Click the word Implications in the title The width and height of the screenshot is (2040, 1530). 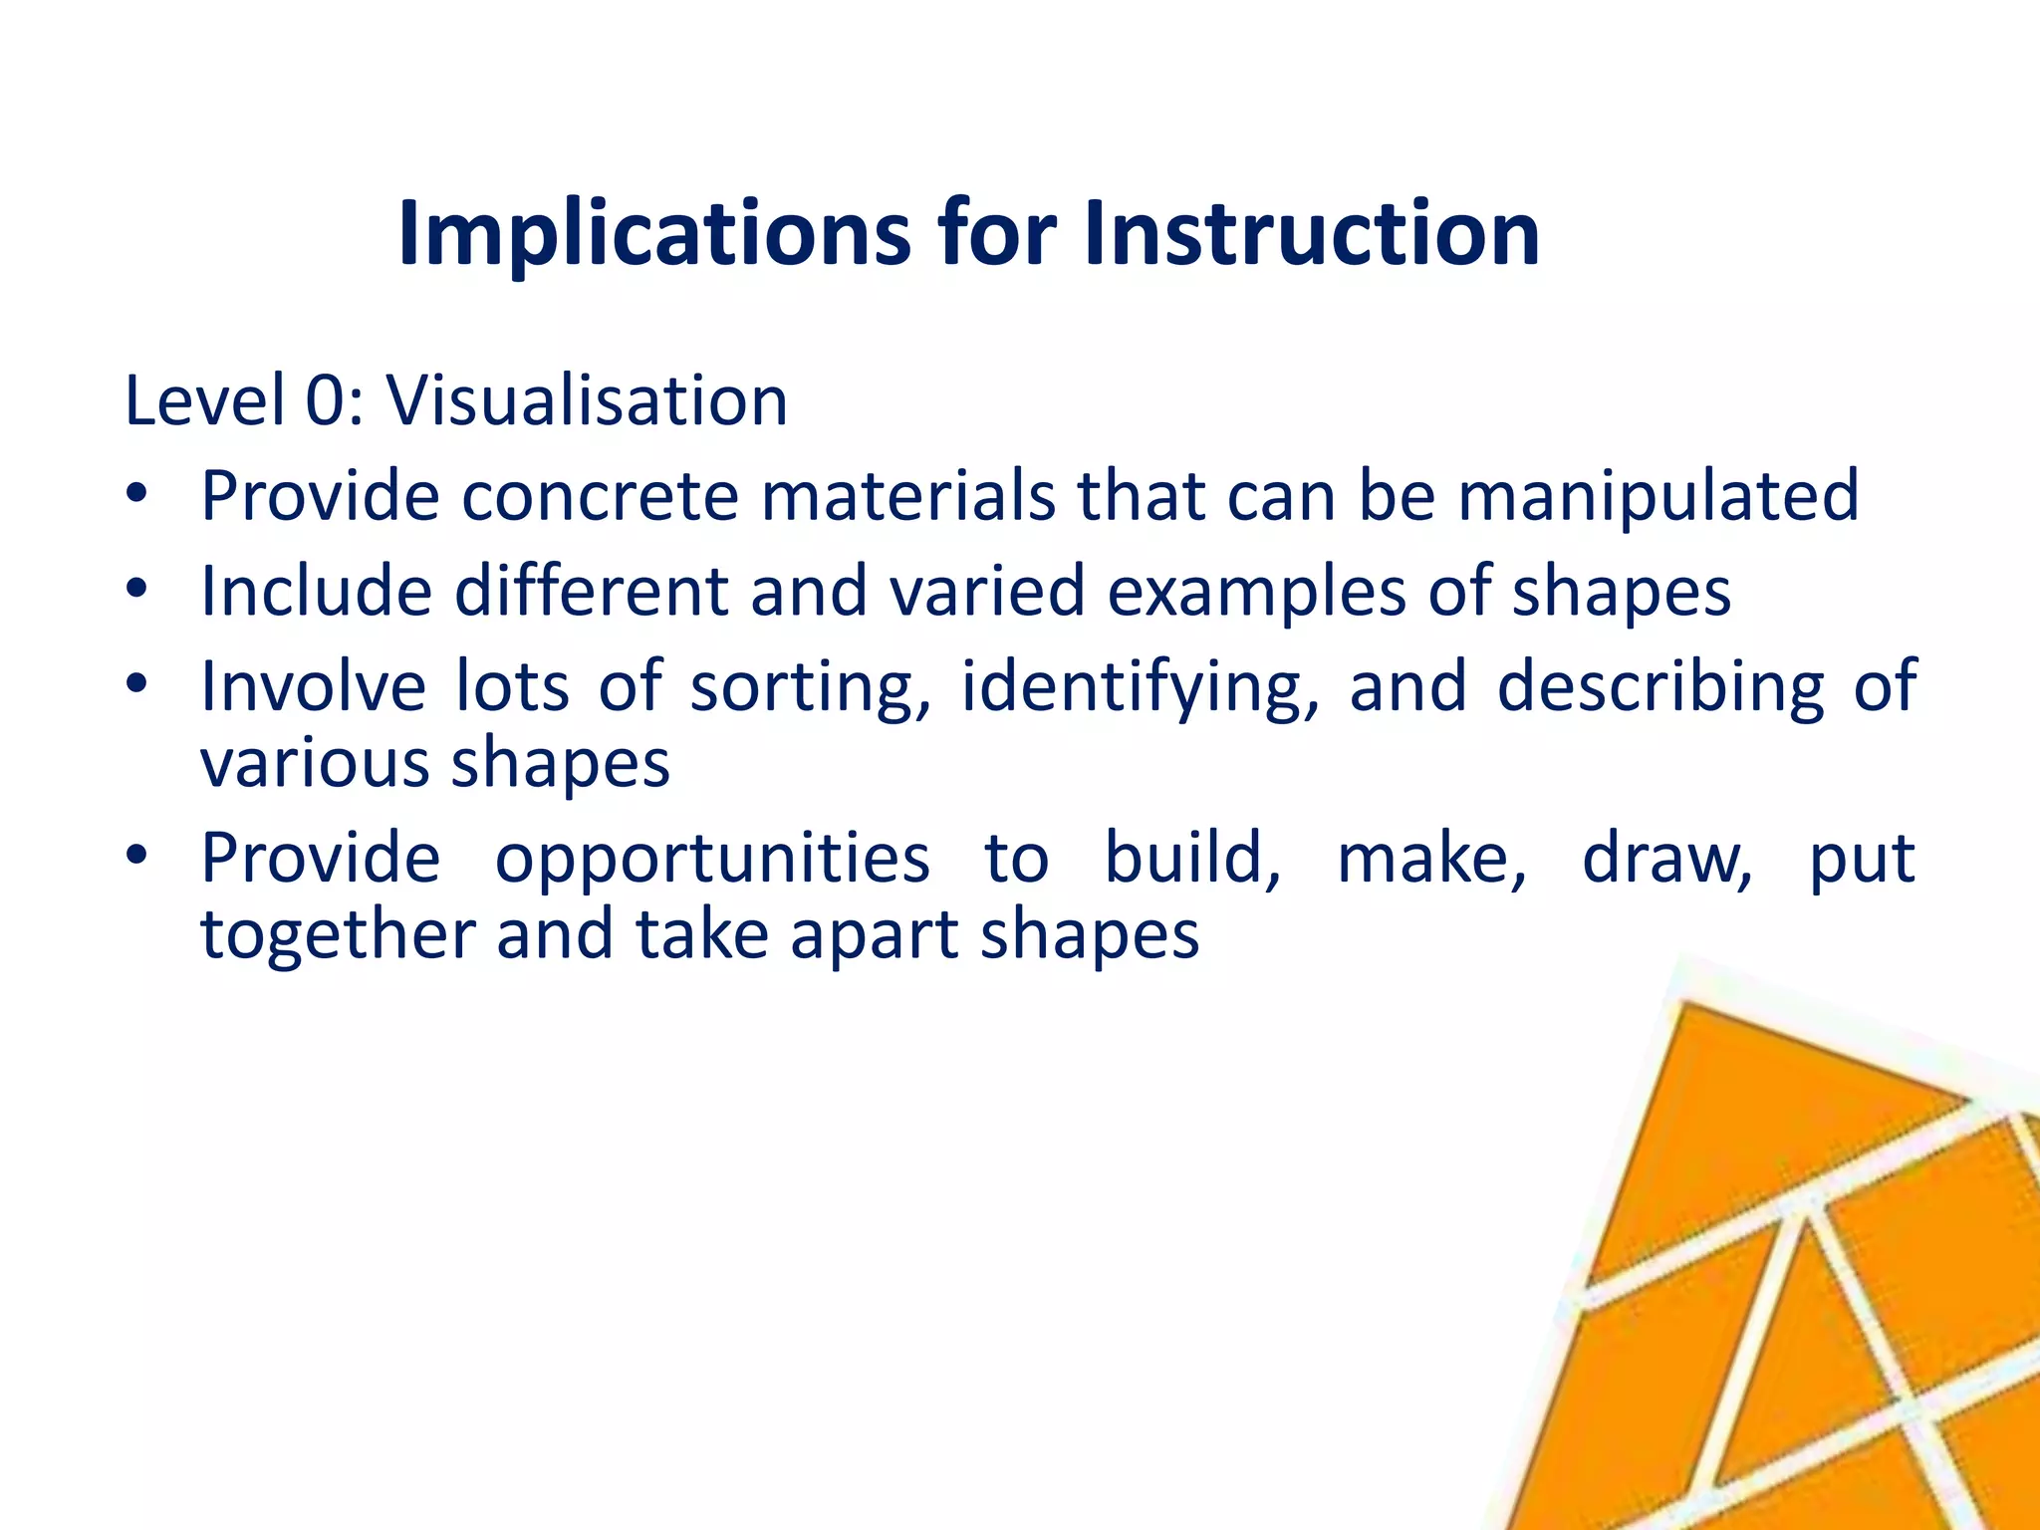tap(653, 235)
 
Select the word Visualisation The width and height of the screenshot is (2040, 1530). tap(587, 400)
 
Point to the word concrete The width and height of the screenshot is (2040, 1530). tap(601, 495)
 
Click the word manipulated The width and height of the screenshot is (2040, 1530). tap(1658, 497)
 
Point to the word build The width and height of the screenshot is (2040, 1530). tap(1191, 859)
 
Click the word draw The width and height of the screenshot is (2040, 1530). tap(1666, 859)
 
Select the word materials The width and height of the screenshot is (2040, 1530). tap(907, 495)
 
